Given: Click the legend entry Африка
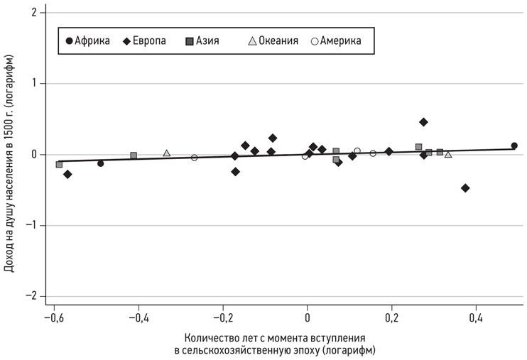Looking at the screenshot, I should tap(87, 40).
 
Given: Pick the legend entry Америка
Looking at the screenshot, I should tap(336, 40).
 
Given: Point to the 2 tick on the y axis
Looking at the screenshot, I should tap(36, 13).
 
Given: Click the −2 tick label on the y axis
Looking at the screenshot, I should tap(33, 296).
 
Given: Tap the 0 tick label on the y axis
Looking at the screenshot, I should tap(36, 154).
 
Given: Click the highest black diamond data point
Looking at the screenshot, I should tap(423, 122).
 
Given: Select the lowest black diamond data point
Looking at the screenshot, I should tap(465, 188).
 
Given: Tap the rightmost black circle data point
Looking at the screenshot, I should tap(514, 146).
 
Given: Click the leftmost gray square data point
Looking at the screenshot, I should tap(59, 164).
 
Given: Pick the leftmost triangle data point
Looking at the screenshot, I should tap(167, 153).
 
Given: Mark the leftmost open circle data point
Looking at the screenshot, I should tap(194, 158).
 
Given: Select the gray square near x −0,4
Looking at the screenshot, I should tap(134, 156).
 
